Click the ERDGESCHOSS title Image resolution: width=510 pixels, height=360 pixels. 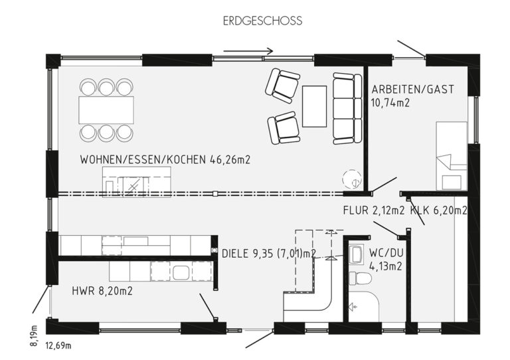tap(262, 21)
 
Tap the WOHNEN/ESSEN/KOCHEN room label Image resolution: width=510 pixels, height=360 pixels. tap(143, 159)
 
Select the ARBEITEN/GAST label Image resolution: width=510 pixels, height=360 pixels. tap(413, 89)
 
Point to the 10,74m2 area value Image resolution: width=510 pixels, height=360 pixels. tap(390, 103)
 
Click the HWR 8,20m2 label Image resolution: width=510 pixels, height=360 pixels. tap(102, 291)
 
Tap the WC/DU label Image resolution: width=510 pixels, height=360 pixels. tap(386, 253)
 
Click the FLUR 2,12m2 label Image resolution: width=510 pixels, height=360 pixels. tap(374, 211)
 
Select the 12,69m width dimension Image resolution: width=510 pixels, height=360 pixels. tap(58, 345)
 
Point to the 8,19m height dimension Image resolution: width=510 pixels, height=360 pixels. tap(34, 336)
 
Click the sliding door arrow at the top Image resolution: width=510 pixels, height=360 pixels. tap(248, 51)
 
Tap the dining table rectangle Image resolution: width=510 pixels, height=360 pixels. tap(106, 110)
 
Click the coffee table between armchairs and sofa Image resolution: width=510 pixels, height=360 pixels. tap(314, 106)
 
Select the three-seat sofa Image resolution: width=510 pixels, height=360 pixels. tap(347, 108)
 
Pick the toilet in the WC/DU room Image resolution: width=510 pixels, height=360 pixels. tap(360, 278)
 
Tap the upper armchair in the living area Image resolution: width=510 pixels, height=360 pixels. tap(282, 85)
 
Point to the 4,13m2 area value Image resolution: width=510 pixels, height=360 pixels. tap(386, 266)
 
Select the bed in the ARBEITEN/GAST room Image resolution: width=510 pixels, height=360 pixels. tap(452, 156)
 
